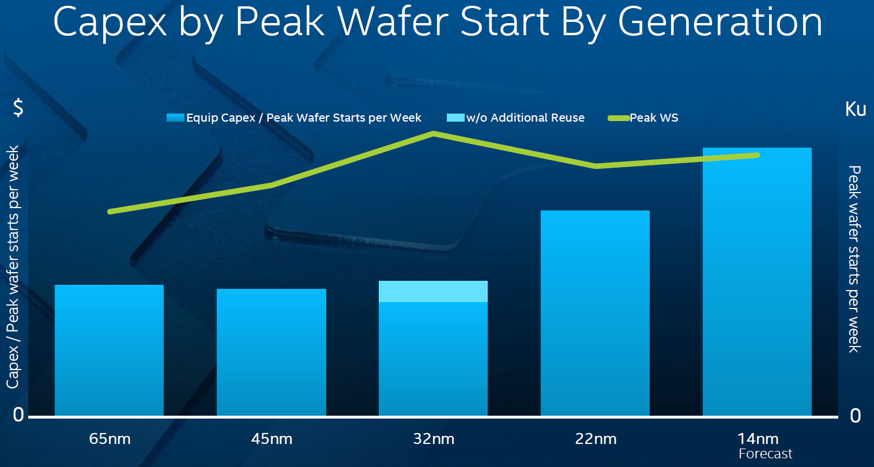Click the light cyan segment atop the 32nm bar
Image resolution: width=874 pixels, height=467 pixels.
(433, 292)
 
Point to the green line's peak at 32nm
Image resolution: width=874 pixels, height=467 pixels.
(434, 134)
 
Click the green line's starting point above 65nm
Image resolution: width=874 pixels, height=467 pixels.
(110, 212)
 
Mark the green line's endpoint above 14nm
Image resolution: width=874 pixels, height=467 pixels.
(757, 155)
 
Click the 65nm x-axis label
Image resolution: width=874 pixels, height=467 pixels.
(110, 439)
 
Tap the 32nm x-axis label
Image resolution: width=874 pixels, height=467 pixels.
(434, 439)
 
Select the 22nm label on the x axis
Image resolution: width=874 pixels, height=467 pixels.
(596, 439)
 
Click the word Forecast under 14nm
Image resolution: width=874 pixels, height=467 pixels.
(765, 454)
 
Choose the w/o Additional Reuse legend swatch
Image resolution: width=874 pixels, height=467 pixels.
(455, 118)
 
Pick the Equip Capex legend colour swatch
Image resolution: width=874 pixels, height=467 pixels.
(175, 118)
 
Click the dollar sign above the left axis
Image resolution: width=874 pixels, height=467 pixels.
(18, 107)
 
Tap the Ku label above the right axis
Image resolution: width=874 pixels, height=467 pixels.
(856, 108)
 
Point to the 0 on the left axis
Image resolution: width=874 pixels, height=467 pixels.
(18, 415)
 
